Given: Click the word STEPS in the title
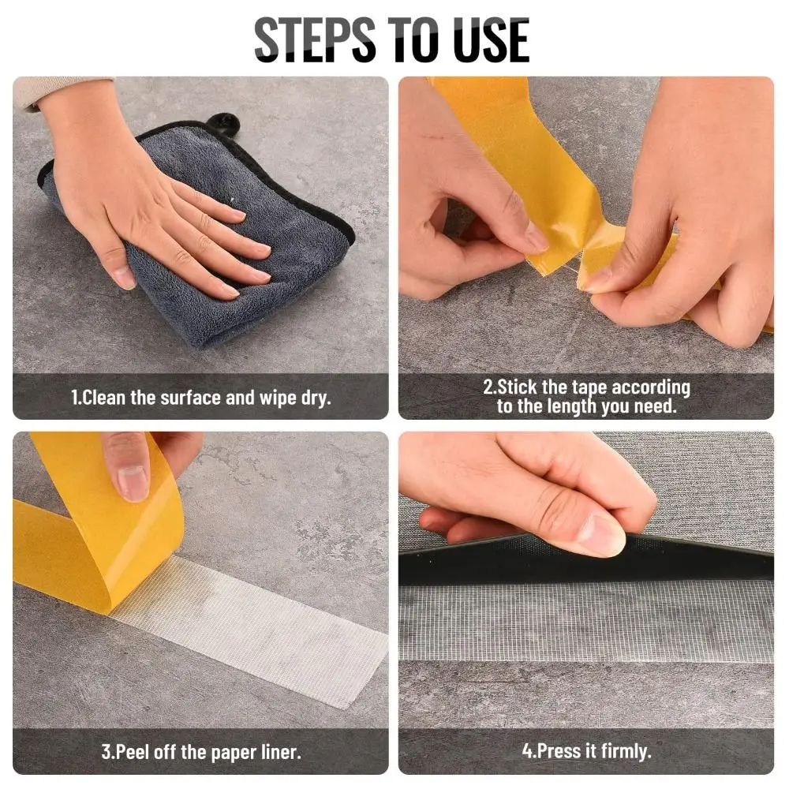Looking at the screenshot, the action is click(x=315, y=39).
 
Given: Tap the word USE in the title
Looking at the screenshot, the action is click(x=491, y=39).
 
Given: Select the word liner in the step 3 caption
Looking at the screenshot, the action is click(x=281, y=752).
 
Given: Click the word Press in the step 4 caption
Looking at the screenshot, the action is click(x=558, y=751).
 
